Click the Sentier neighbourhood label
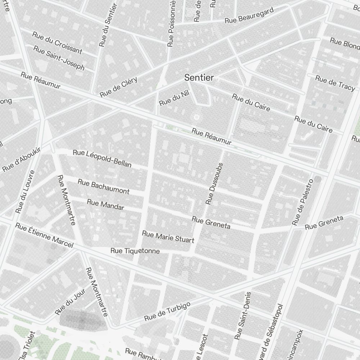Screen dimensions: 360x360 [x=199, y=77]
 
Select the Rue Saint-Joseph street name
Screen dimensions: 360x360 [x=59, y=58]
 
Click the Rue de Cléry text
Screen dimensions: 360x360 [x=119, y=87]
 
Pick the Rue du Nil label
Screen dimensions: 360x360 [x=174, y=98]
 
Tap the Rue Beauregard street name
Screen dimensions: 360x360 [x=249, y=15]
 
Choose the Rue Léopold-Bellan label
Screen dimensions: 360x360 [x=102, y=159]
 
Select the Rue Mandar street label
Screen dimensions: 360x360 [x=105, y=204]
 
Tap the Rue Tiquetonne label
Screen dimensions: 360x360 [x=135, y=251]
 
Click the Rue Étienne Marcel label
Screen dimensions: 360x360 [x=44, y=236]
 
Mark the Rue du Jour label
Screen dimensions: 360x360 [x=71, y=301]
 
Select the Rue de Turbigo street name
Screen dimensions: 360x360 [x=167, y=312]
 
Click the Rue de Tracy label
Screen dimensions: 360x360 [x=335, y=83]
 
